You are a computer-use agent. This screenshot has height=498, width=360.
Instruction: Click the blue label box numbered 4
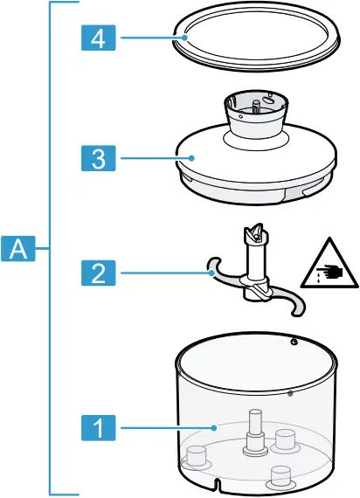(100, 38)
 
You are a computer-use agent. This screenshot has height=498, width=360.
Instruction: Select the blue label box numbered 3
(100, 158)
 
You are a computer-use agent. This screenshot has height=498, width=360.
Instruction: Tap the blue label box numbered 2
(100, 273)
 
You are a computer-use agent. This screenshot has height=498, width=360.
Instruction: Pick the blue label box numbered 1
(100, 428)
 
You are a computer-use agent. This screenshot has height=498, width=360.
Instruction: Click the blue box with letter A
(18, 248)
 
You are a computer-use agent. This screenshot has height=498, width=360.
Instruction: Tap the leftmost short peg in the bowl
(196, 455)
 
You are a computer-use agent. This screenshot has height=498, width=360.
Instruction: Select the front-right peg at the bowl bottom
(280, 477)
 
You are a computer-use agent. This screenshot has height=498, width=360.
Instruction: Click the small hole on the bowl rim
(294, 341)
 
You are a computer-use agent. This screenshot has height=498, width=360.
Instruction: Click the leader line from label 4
(149, 38)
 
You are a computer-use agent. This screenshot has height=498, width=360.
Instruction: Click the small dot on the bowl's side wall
(289, 393)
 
